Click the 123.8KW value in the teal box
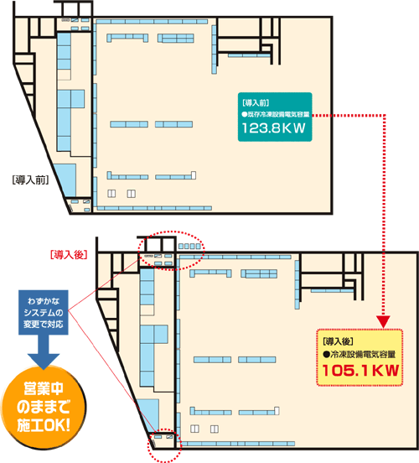[x=273, y=128]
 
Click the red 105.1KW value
[x=360, y=370]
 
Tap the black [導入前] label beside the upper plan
[x=30, y=179]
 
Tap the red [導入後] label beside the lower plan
[x=69, y=254]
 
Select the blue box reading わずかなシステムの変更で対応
[x=44, y=312]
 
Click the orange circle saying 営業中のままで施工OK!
[x=44, y=408]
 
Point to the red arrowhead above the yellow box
[x=383, y=321]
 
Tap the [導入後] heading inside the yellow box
[x=339, y=341]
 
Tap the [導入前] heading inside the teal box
[x=256, y=103]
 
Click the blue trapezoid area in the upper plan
[x=67, y=179]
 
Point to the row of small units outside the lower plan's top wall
[x=189, y=247]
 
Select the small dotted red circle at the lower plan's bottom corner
[x=165, y=445]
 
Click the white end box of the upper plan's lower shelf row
[x=194, y=174]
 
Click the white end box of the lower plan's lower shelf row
[x=277, y=410]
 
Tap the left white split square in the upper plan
[x=111, y=194]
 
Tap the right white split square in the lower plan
[x=215, y=429]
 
